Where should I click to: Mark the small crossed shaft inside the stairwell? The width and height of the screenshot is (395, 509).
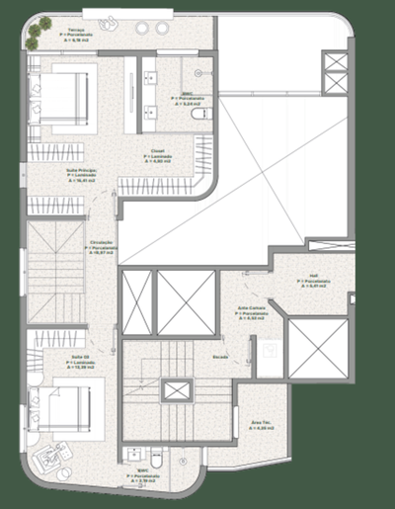(178, 389)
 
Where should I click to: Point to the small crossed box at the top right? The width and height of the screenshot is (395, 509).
(336, 66)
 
